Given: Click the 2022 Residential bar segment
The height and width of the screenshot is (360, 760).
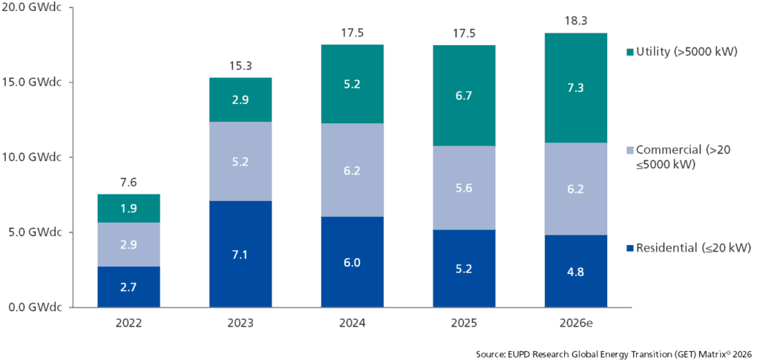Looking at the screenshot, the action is (129, 287).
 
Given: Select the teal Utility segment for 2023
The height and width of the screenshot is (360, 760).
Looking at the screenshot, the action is (240, 99).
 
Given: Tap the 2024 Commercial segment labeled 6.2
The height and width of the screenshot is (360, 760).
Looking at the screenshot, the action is (353, 170).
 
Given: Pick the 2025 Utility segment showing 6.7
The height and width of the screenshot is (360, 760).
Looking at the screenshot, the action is (465, 96).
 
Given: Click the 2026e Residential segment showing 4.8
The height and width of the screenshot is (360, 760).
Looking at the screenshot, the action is (576, 272).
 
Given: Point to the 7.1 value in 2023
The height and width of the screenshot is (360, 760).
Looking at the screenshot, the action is (240, 254).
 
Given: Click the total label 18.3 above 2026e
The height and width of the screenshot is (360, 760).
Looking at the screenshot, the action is (576, 22).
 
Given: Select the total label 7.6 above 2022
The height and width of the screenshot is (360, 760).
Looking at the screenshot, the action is (129, 183).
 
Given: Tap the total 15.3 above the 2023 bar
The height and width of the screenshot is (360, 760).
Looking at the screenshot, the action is (240, 67).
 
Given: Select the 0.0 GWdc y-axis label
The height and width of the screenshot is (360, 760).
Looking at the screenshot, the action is (35, 307).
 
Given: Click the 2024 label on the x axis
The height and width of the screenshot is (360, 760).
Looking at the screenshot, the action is (353, 322).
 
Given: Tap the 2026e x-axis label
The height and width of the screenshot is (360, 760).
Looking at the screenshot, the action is (576, 322).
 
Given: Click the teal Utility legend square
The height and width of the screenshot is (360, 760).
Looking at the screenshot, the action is (629, 51).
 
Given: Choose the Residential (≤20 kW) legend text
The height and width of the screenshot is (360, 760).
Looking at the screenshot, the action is (693, 249).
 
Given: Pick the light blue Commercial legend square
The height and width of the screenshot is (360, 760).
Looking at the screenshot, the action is (629, 150).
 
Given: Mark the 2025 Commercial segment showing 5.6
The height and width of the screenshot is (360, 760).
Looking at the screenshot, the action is (465, 188).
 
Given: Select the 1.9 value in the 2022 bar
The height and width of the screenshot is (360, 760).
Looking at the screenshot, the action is (129, 209).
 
